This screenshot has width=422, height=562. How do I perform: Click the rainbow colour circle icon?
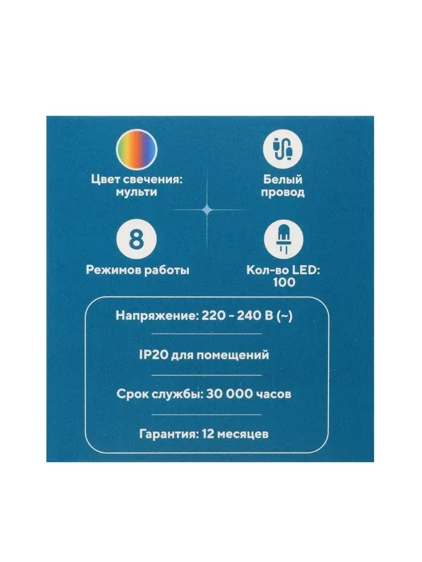(136, 149)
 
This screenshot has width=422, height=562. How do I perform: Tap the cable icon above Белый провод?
(283, 149)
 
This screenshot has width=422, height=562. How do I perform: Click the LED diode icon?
(283, 239)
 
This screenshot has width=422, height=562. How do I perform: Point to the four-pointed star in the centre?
(207, 210)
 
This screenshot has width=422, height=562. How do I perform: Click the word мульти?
(136, 192)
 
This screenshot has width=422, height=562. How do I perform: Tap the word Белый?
(283, 179)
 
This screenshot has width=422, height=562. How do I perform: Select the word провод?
(283, 193)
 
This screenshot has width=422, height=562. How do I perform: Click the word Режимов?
(113, 270)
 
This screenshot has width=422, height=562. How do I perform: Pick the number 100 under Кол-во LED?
(284, 283)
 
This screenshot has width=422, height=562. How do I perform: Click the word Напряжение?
(157, 316)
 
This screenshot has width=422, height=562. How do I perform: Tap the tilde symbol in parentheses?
(285, 316)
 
